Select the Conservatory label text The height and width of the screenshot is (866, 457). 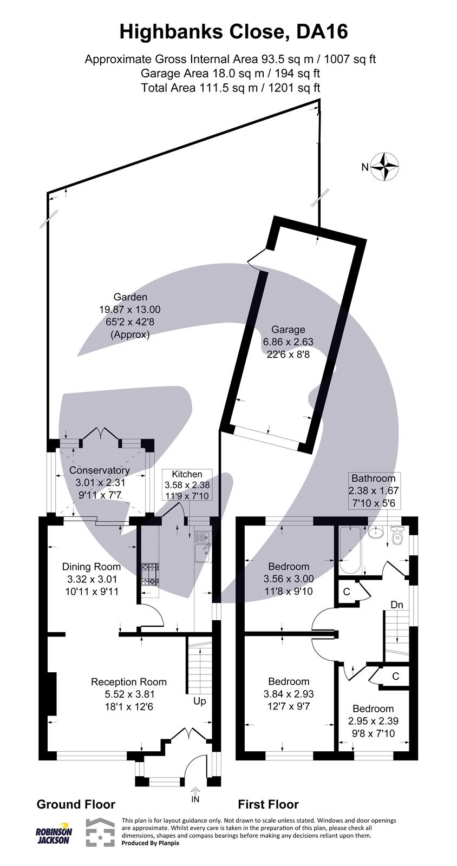point(100,470)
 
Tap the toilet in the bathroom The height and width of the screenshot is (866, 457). point(398,535)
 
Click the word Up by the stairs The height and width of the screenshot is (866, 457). point(199,701)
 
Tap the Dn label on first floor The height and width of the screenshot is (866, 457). point(397,605)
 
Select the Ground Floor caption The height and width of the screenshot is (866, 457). point(76,804)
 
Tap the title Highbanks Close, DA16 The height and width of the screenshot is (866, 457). point(233,32)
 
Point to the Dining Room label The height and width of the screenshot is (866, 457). point(91,567)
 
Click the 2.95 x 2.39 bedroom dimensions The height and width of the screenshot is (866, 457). point(373,720)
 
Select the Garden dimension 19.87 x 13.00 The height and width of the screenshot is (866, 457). point(130,310)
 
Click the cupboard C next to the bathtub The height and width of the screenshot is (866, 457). point(347,592)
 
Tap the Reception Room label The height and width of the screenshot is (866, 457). point(129,681)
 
